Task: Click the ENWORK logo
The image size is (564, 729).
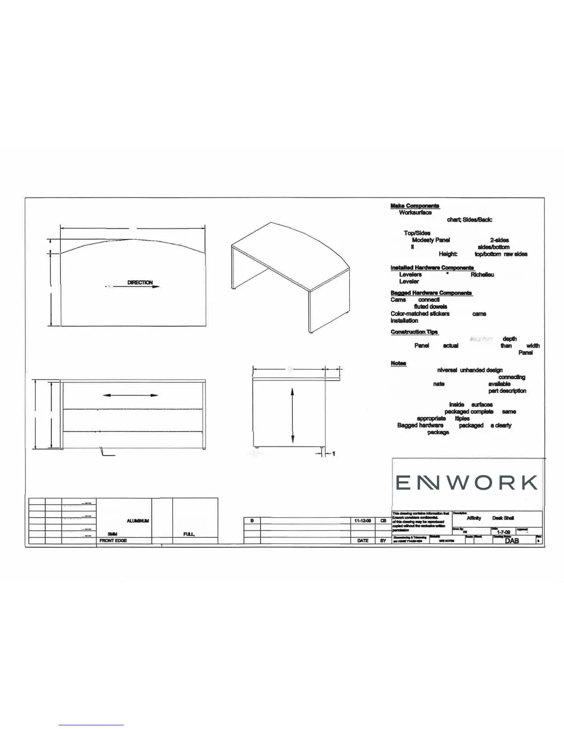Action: pyautogui.click(x=467, y=483)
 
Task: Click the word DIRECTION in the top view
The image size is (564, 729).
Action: pyautogui.click(x=140, y=283)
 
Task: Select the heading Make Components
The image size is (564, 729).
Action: pyautogui.click(x=415, y=206)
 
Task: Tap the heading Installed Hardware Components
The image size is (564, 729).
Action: pyautogui.click(x=432, y=267)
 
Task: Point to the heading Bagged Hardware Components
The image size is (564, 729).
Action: pyautogui.click(x=431, y=293)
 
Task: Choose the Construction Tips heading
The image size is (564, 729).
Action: pyautogui.click(x=414, y=332)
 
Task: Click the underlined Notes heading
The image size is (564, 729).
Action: pyautogui.click(x=398, y=363)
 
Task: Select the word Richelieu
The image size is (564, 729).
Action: pyautogui.click(x=482, y=274)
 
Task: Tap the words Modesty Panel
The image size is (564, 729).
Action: pyautogui.click(x=431, y=240)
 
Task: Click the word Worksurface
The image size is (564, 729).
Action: pyautogui.click(x=415, y=213)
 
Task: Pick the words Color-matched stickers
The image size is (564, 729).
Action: pyautogui.click(x=420, y=313)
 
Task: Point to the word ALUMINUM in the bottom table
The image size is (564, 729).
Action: pyautogui.click(x=138, y=521)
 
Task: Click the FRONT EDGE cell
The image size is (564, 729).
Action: pyautogui.click(x=113, y=540)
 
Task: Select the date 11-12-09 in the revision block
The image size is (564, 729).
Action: pyautogui.click(x=363, y=521)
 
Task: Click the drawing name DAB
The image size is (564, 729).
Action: pyautogui.click(x=511, y=541)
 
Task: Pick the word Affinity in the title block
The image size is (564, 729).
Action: pyautogui.click(x=474, y=518)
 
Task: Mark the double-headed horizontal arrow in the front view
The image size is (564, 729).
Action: pyautogui.click(x=131, y=395)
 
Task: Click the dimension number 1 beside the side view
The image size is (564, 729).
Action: pyautogui.click(x=333, y=454)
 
